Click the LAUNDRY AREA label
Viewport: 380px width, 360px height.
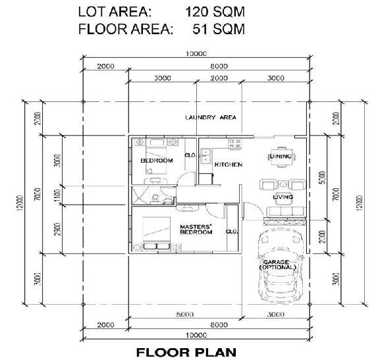click(x=211, y=117)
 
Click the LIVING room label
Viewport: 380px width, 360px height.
click(x=283, y=197)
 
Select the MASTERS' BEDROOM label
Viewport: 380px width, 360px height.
click(x=196, y=230)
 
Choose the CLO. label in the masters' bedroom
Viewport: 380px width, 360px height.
click(x=232, y=231)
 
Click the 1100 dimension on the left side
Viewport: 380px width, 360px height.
click(x=57, y=195)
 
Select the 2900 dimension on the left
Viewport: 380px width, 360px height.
click(x=57, y=229)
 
